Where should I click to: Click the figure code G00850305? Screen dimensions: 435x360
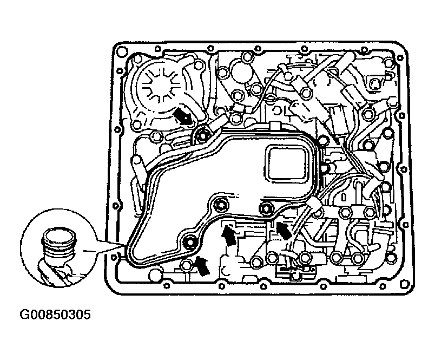[55, 315]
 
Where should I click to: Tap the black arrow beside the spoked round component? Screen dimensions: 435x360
[182, 116]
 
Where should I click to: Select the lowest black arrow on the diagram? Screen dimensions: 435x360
[202, 266]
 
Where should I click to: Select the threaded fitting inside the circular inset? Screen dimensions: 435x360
[59, 247]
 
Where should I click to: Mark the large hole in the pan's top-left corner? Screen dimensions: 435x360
[122, 51]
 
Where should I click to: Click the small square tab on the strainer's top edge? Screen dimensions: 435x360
[274, 125]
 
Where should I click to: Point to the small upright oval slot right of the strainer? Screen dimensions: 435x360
[344, 198]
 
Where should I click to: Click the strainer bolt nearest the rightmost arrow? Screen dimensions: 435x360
[266, 208]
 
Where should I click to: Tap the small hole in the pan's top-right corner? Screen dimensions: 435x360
[400, 58]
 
